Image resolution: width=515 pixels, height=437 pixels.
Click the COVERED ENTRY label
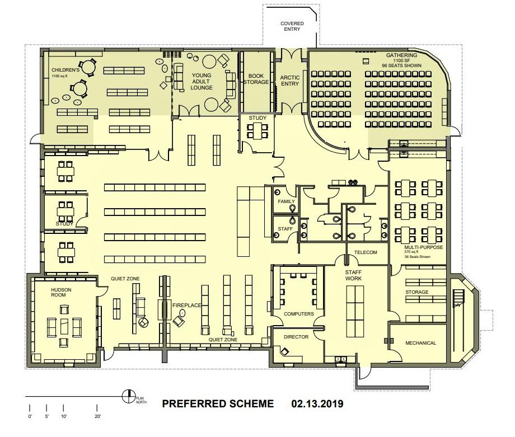(x=292, y=27)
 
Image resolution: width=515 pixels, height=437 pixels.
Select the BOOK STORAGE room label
(x=256, y=78)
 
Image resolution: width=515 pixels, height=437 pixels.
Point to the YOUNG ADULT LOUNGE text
(x=202, y=81)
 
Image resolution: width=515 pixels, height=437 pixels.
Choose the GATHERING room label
(x=401, y=55)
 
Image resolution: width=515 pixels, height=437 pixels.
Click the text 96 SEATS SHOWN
(x=401, y=65)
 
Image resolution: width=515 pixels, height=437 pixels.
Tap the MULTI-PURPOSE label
(x=423, y=247)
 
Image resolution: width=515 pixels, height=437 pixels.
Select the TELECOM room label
(x=366, y=252)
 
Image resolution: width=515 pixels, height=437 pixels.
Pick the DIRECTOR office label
(x=296, y=337)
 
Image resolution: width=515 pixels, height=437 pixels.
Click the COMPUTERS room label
(x=298, y=314)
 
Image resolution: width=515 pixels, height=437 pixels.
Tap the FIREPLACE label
(x=186, y=305)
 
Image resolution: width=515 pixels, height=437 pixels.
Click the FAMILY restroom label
(x=286, y=201)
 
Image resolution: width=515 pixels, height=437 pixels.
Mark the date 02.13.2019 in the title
(x=317, y=403)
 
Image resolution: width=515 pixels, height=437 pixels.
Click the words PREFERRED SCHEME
(x=218, y=403)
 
